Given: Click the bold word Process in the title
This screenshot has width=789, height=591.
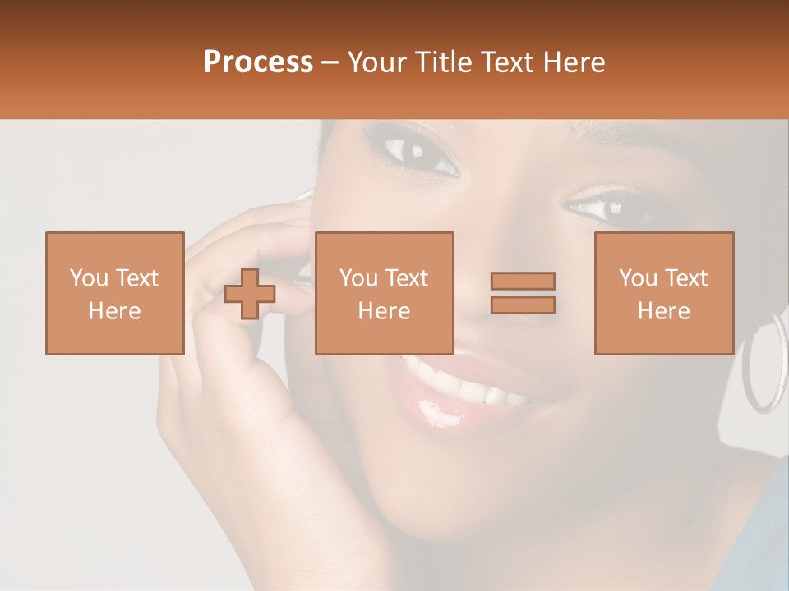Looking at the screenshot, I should point(258,62).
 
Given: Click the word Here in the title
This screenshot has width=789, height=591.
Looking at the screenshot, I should point(575,62).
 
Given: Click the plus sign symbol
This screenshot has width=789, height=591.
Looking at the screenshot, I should point(250,294).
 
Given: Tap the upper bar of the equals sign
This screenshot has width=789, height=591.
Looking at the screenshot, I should point(523,282).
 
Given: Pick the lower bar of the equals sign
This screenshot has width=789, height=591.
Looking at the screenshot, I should point(523,305).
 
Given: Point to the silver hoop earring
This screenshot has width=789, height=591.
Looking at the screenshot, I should point(764,361).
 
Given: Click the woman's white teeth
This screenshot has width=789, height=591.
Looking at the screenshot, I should point(468,386).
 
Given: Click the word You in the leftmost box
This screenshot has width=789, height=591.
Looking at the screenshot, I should point(88,277).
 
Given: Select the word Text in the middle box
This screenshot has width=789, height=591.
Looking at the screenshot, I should point(406,277).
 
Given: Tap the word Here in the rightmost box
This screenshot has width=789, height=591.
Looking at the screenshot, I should point(663,311).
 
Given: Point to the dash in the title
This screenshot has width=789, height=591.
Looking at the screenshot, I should point(330,63).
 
